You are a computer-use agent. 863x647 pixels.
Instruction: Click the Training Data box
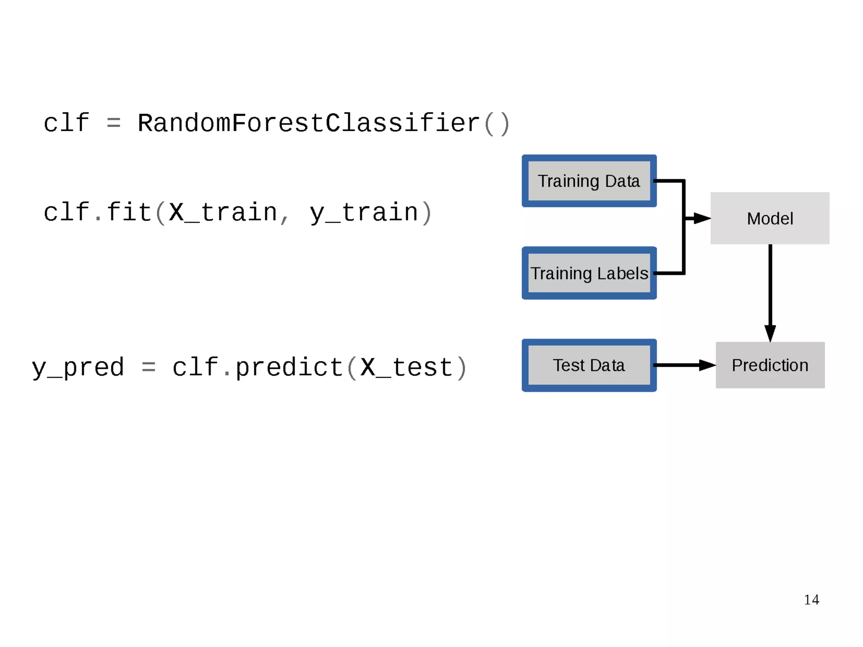point(589,181)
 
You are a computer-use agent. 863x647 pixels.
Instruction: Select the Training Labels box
point(589,273)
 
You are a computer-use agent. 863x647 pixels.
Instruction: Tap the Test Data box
point(589,365)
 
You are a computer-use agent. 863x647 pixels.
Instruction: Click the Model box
point(769,219)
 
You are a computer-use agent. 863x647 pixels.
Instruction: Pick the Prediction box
point(769,365)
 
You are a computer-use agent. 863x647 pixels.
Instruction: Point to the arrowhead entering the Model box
point(702,218)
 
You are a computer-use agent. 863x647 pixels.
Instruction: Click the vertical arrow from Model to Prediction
point(770,291)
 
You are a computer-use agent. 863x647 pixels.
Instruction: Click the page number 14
point(811,599)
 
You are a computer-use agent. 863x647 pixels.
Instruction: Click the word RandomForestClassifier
point(309,123)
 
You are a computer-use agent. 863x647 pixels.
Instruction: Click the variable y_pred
point(78,367)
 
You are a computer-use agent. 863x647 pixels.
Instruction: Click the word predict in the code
point(289,367)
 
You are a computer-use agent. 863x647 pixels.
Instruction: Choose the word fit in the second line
point(129,212)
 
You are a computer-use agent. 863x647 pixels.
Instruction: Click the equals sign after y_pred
point(149,367)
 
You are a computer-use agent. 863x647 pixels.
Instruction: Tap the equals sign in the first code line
point(114,123)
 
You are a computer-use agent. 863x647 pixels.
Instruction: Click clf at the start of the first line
point(67,123)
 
